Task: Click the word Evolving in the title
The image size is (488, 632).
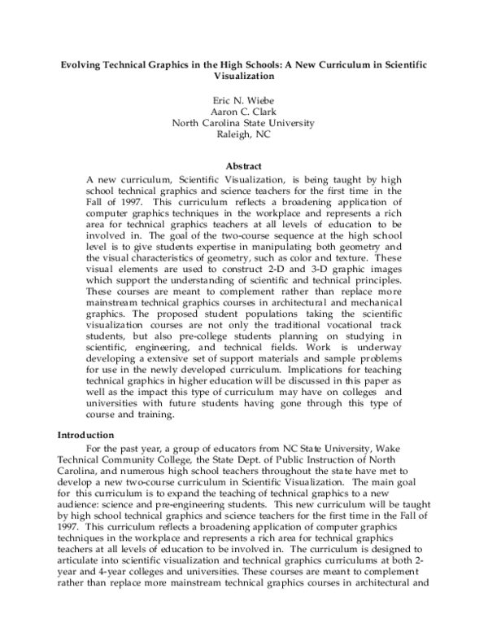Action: click(85, 63)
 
